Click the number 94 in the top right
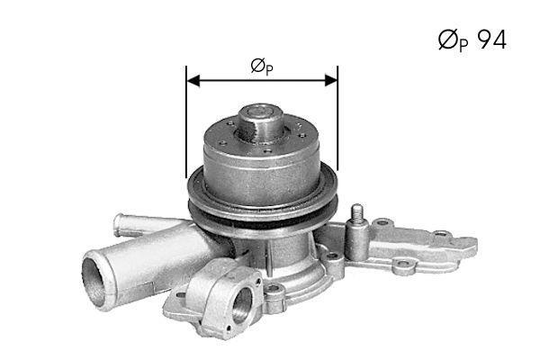click(x=491, y=40)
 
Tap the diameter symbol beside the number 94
click(x=448, y=40)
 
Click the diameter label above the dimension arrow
click(x=262, y=67)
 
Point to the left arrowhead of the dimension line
click(x=193, y=81)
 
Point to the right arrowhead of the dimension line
click(x=331, y=81)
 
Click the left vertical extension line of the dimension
click(x=186, y=121)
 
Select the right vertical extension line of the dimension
click(x=337, y=118)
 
